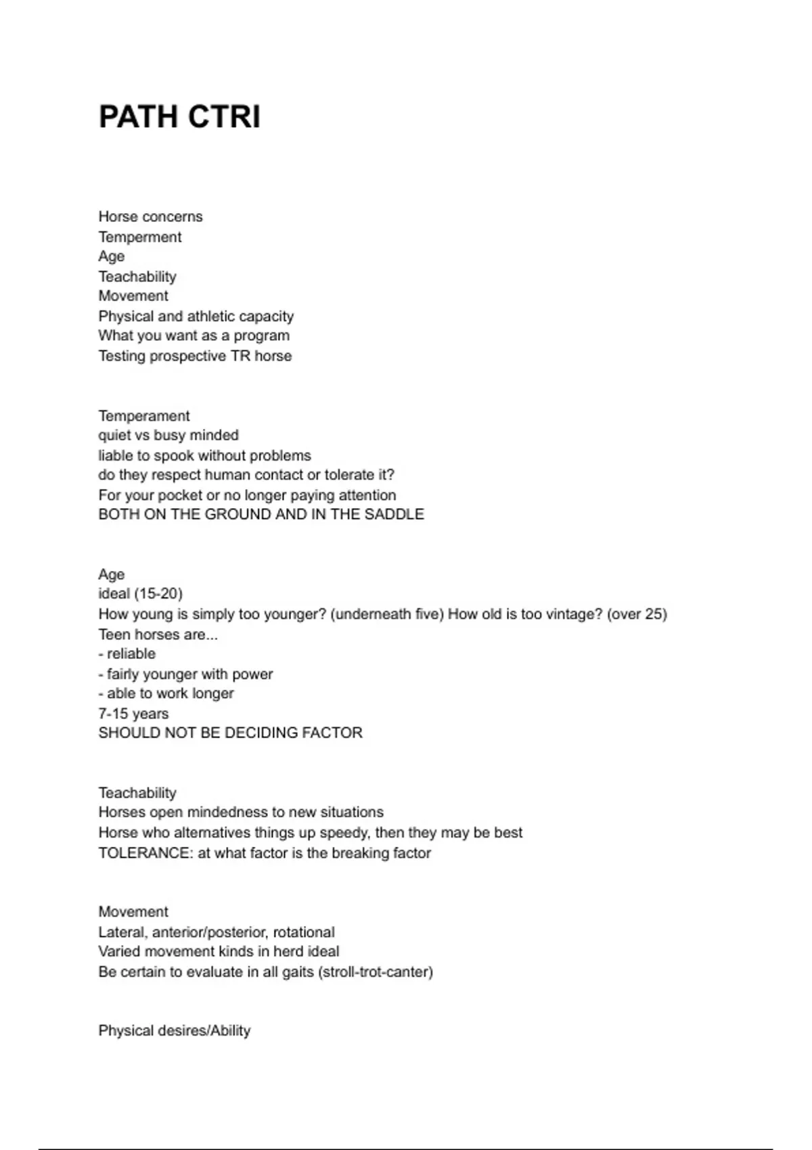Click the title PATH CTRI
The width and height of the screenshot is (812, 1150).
179,116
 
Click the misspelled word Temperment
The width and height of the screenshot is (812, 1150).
140,237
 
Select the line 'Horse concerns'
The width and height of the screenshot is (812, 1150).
150,216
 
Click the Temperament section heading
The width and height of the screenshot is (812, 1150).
144,415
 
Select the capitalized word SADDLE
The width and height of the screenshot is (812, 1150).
394,514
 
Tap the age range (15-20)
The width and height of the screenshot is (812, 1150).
158,594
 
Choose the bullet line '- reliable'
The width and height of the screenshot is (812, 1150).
127,653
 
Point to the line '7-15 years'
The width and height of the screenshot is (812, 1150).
133,714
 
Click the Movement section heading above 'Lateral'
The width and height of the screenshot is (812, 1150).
133,911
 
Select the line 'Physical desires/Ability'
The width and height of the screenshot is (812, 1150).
175,1030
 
